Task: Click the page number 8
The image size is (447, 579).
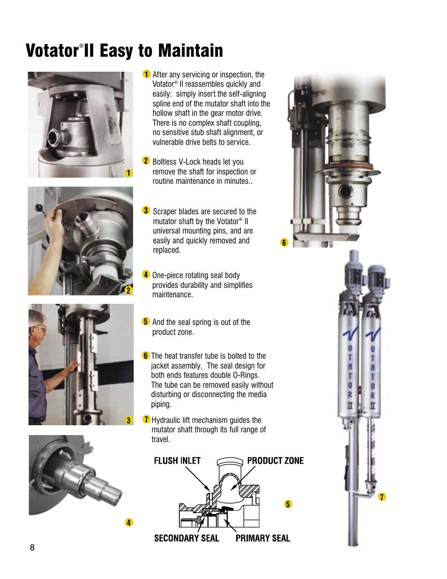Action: coord(32,547)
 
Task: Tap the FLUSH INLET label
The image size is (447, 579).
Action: coord(177,461)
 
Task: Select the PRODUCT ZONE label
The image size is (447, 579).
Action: coord(275,461)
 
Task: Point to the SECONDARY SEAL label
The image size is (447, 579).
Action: coord(186,538)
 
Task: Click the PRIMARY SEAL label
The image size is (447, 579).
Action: coord(262,538)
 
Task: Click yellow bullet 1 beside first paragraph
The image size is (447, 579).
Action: coord(146,74)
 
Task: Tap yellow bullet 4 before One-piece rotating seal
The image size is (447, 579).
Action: coord(146,275)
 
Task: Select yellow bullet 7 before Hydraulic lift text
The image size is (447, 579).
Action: coord(146,420)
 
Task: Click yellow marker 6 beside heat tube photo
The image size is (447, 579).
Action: coord(284,242)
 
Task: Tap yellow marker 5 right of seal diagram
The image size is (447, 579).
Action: coord(288,504)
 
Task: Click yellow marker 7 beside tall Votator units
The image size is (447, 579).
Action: coord(382,497)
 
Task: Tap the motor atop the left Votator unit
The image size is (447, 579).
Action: coord(352,272)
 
